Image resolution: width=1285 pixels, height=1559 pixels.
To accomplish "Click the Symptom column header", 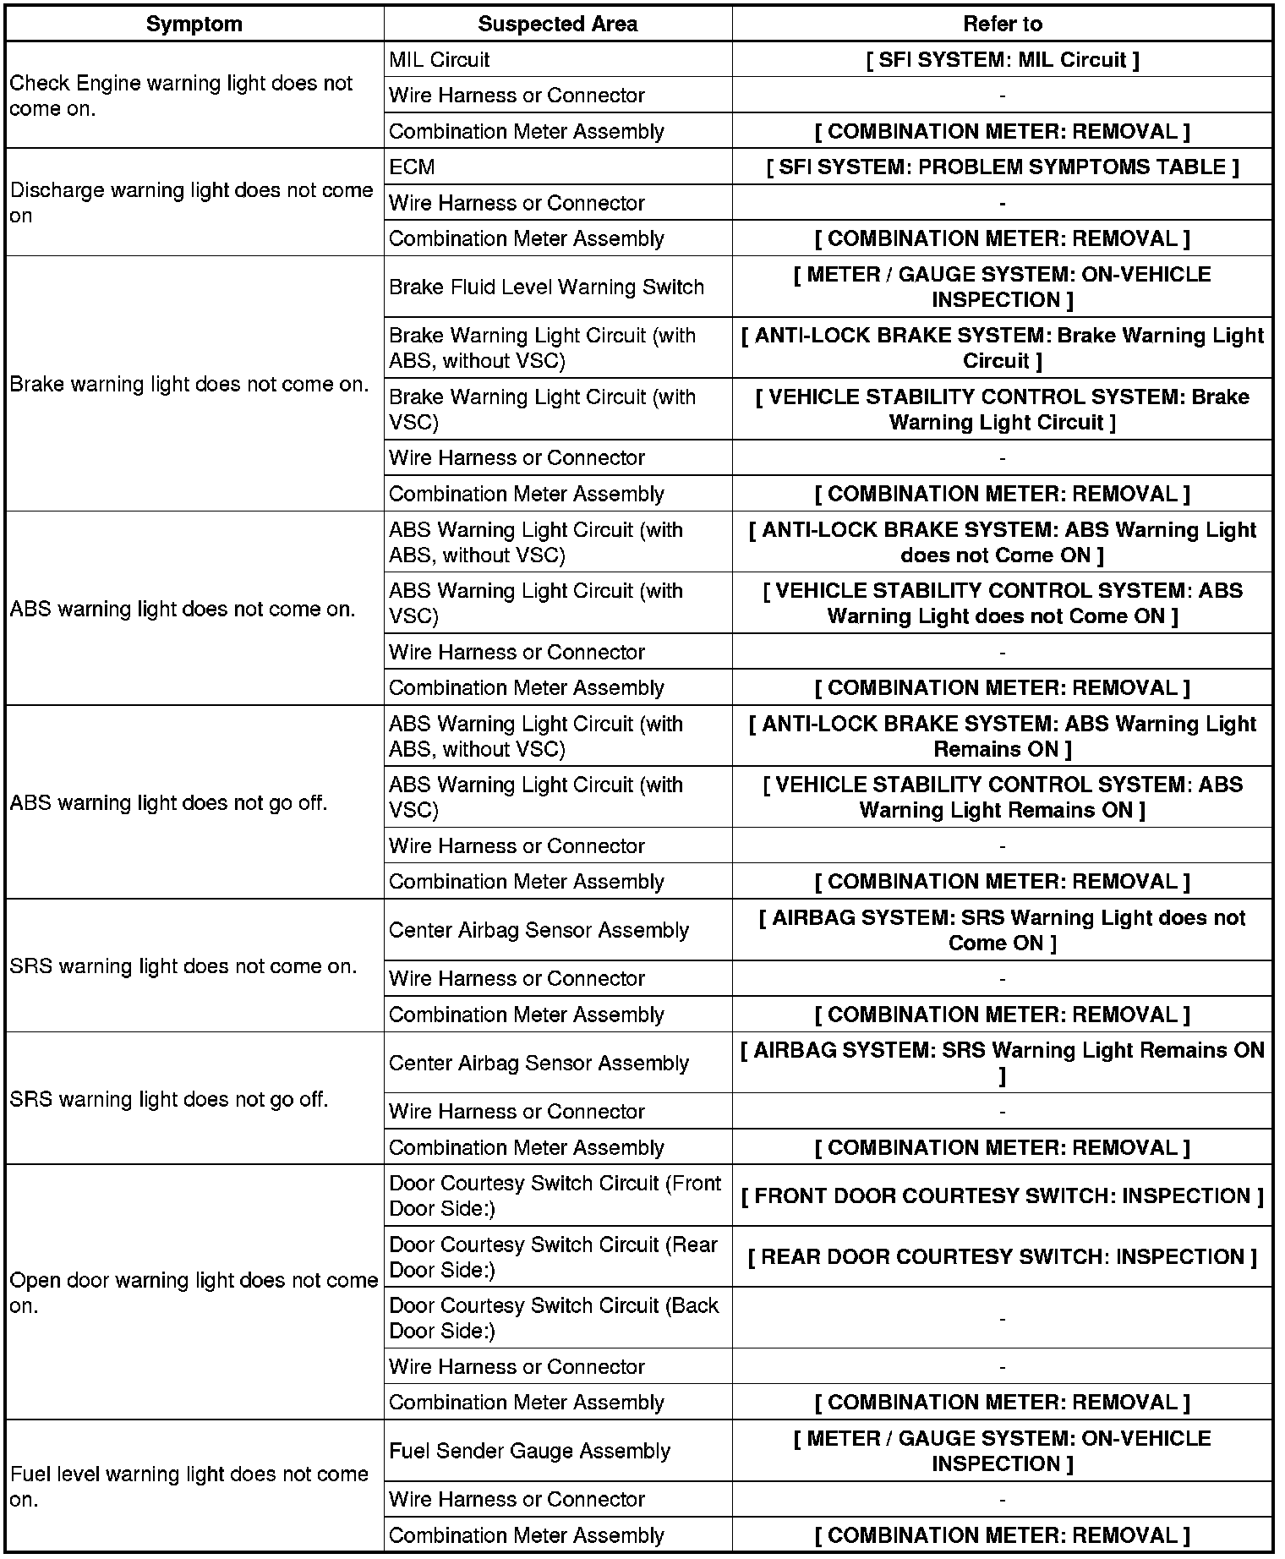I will click(x=194, y=24).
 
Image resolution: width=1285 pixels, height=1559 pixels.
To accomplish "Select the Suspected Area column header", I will click(x=557, y=24).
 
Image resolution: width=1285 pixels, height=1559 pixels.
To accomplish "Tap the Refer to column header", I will click(x=1002, y=24).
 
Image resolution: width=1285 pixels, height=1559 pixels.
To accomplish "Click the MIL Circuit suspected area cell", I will click(x=440, y=60).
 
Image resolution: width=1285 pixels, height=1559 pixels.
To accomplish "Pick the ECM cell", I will click(x=412, y=167).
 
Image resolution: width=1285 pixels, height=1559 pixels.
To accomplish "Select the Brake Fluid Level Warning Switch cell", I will click(x=546, y=287).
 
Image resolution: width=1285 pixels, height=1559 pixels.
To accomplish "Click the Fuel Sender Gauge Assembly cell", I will click(x=529, y=1451).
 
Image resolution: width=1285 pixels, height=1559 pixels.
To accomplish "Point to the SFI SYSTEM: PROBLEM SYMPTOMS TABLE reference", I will click(x=1002, y=167).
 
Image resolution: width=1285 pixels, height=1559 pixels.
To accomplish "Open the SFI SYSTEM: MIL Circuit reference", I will click(x=1002, y=60).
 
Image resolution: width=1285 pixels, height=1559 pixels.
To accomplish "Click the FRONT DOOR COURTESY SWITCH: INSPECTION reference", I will click(x=1002, y=1196).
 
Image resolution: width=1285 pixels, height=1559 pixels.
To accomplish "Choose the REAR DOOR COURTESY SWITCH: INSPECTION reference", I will click(x=1002, y=1257).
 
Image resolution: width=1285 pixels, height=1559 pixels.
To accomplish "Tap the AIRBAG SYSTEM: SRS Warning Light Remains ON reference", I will click(x=1002, y=1063).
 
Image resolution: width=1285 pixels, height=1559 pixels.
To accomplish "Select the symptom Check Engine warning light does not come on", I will click(x=181, y=96).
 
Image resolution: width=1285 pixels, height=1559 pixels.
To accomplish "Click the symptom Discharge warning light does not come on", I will click(x=191, y=203).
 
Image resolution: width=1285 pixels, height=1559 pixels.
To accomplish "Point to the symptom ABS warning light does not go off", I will click(x=168, y=802).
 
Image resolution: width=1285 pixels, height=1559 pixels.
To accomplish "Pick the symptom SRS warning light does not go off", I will click(x=168, y=1099).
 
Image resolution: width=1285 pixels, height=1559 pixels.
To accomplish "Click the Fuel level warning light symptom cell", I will click(x=189, y=1486).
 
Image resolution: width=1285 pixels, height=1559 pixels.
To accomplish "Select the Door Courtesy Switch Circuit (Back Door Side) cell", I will click(x=554, y=1318).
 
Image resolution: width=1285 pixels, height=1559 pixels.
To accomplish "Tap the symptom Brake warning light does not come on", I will click(x=189, y=385).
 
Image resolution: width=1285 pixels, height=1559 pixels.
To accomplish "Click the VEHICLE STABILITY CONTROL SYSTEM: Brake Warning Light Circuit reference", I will click(x=1002, y=409).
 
